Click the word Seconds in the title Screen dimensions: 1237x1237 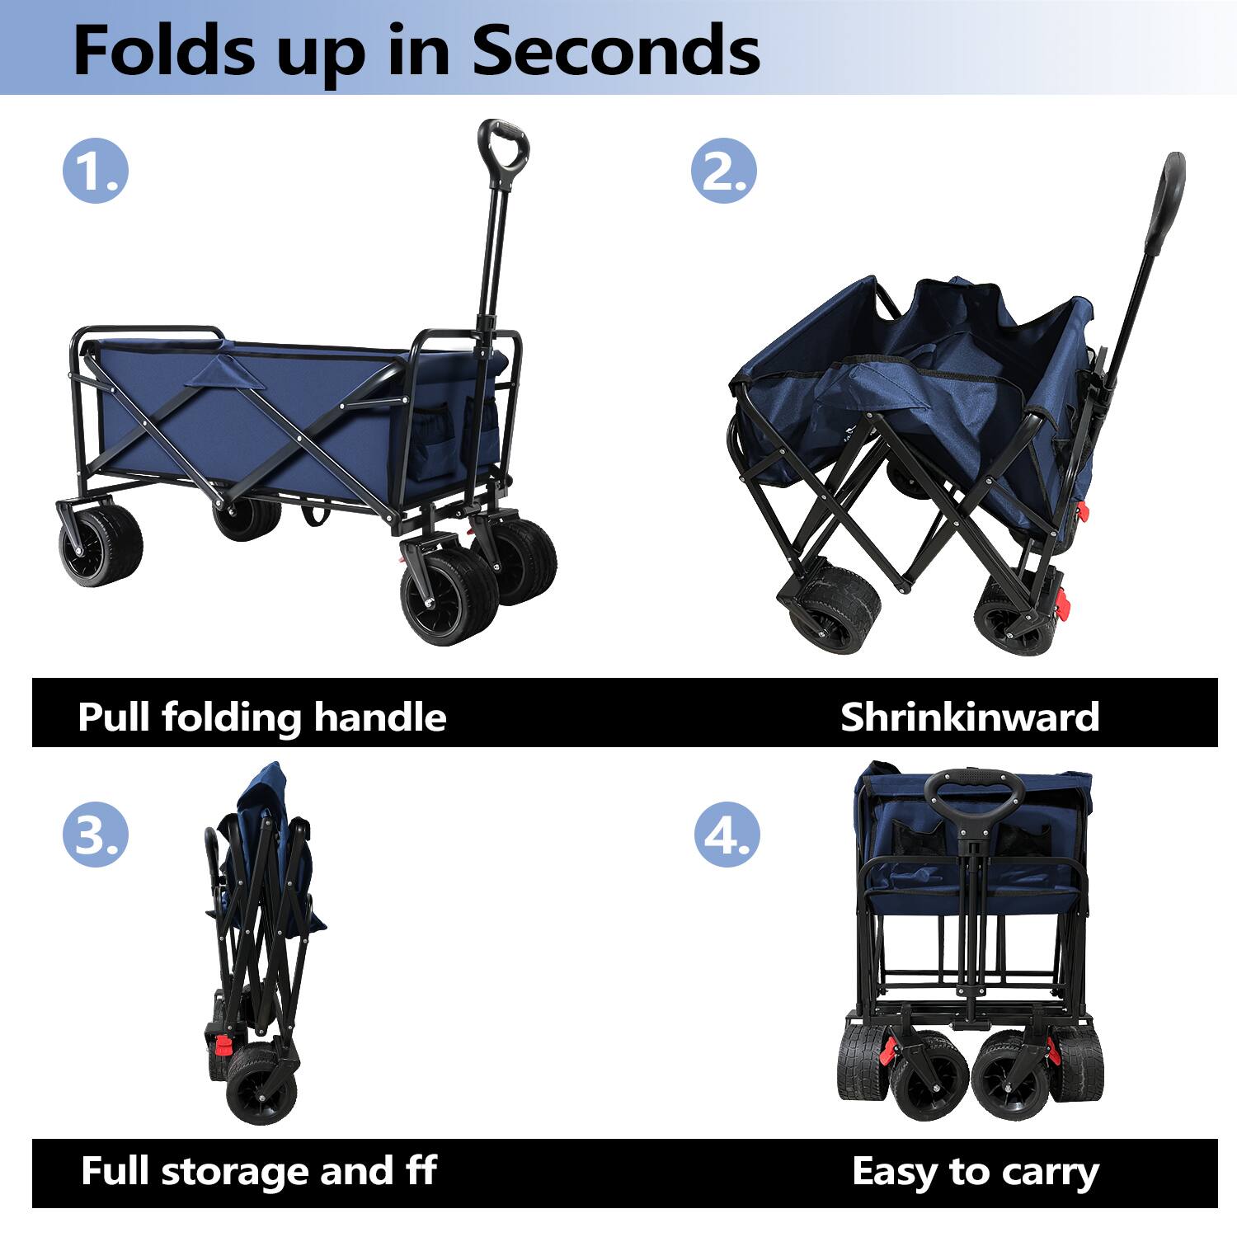(615, 51)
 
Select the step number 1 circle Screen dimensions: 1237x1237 (96, 171)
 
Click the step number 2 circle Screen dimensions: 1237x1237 (723, 171)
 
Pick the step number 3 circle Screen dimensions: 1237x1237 (96, 835)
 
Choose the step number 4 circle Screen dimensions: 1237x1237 (726, 835)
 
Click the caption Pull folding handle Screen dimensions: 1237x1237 (261, 717)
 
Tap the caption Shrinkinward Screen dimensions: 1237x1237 (969, 717)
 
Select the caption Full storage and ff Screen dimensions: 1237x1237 (258, 1171)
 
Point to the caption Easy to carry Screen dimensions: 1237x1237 (975, 1172)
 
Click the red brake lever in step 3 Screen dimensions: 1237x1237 (222, 1047)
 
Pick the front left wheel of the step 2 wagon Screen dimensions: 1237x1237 (833, 610)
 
